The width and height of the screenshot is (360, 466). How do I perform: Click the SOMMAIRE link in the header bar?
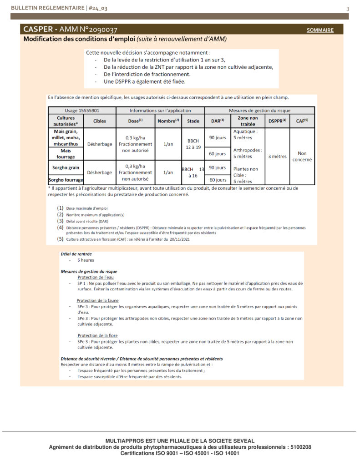320,30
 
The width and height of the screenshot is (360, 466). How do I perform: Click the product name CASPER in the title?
38,30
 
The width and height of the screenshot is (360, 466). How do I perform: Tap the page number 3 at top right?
348,9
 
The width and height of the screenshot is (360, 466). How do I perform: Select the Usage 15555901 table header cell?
82,110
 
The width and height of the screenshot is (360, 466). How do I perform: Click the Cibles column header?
99,121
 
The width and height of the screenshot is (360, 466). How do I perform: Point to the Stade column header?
193,121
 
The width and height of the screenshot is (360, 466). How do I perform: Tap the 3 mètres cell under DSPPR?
277,156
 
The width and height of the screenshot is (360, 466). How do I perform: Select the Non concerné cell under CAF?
302,156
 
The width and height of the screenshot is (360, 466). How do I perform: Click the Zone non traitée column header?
248,121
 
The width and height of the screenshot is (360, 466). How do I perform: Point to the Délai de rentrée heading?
76,254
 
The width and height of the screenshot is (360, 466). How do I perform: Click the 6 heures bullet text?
86,260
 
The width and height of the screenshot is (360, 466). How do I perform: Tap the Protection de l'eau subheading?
95,277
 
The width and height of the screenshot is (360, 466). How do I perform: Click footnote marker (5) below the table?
60,238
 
